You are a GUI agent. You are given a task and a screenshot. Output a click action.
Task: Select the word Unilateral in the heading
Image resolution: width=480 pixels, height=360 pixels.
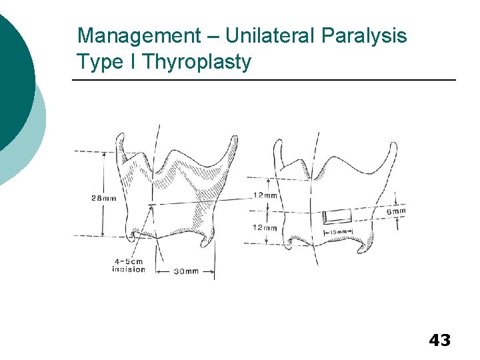pyautogui.click(x=256, y=35)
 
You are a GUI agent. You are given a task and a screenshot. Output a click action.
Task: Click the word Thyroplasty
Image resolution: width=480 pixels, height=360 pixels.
pyautogui.click(x=197, y=62)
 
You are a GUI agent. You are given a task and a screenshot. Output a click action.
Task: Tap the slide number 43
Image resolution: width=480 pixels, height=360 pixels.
pyautogui.click(x=439, y=341)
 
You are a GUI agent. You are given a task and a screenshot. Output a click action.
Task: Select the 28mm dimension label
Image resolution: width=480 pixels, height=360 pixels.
pyautogui.click(x=103, y=198)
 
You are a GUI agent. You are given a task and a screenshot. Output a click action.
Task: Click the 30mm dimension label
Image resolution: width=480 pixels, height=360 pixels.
pyautogui.click(x=187, y=271)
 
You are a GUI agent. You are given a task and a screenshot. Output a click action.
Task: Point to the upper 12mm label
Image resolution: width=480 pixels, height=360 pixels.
pyautogui.click(x=265, y=195)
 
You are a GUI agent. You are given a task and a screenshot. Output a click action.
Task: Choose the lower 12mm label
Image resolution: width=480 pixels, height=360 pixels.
pyautogui.click(x=265, y=227)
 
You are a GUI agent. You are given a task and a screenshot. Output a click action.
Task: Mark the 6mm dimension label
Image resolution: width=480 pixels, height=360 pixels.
pyautogui.click(x=395, y=211)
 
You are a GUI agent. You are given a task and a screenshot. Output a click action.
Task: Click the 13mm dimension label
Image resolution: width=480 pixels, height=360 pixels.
pyautogui.click(x=337, y=233)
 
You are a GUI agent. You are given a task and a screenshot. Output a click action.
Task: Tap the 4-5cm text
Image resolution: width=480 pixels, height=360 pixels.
pyautogui.click(x=128, y=261)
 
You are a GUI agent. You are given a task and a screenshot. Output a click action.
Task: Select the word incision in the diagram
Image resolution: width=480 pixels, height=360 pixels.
pyautogui.click(x=129, y=269)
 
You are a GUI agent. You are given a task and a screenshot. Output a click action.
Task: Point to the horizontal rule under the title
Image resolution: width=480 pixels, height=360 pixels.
pyautogui.click(x=264, y=81)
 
